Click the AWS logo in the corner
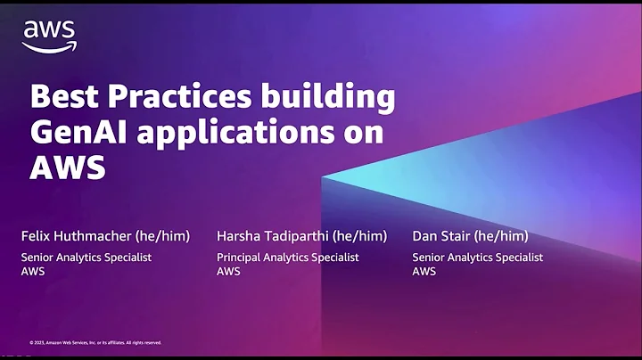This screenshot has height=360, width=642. click(x=49, y=36)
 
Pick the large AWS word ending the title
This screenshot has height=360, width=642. click(x=67, y=167)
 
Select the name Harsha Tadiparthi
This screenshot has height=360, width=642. click(x=267, y=236)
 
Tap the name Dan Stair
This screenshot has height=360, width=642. click(x=441, y=236)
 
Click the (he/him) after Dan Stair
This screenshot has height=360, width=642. click(x=501, y=236)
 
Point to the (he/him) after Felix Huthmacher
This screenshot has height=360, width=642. click(x=164, y=236)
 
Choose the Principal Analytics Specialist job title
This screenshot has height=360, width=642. click(x=287, y=257)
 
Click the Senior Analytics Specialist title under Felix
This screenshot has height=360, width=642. click(x=86, y=257)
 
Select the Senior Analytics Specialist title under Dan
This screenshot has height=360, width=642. click(x=477, y=257)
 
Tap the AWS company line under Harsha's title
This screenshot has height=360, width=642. click(x=228, y=271)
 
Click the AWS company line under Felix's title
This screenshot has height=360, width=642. click(x=33, y=271)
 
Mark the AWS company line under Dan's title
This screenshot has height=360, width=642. click(x=424, y=271)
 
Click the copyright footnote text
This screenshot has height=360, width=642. click(x=95, y=342)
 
